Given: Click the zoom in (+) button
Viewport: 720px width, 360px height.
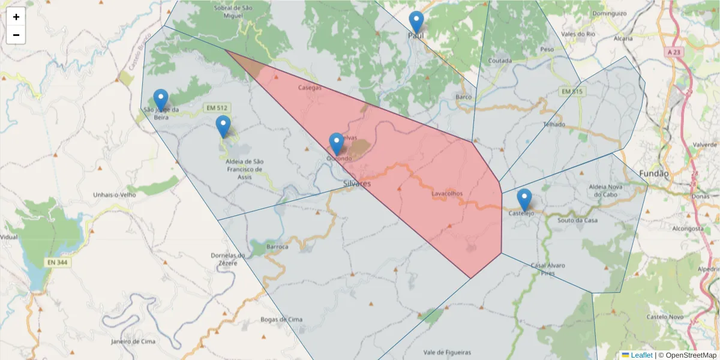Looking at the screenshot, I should click(x=16, y=17).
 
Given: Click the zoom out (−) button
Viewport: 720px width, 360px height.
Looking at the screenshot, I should click(x=16, y=35).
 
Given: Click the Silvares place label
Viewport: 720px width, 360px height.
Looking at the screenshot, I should click(x=357, y=184).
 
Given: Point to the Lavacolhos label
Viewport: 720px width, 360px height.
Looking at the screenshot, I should click(x=447, y=194).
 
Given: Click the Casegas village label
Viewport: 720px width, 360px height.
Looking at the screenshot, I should click(x=310, y=88).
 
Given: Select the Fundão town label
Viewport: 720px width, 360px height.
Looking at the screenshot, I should click(x=653, y=173).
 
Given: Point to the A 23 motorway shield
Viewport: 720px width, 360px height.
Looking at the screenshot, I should click(x=674, y=53).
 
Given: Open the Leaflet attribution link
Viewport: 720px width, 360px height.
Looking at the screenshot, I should click(x=641, y=355).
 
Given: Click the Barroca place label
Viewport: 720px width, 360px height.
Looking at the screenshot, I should click(x=277, y=247).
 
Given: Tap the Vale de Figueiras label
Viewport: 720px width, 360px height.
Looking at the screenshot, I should click(x=447, y=352).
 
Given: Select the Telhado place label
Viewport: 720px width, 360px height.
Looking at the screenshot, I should click(x=554, y=124).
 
